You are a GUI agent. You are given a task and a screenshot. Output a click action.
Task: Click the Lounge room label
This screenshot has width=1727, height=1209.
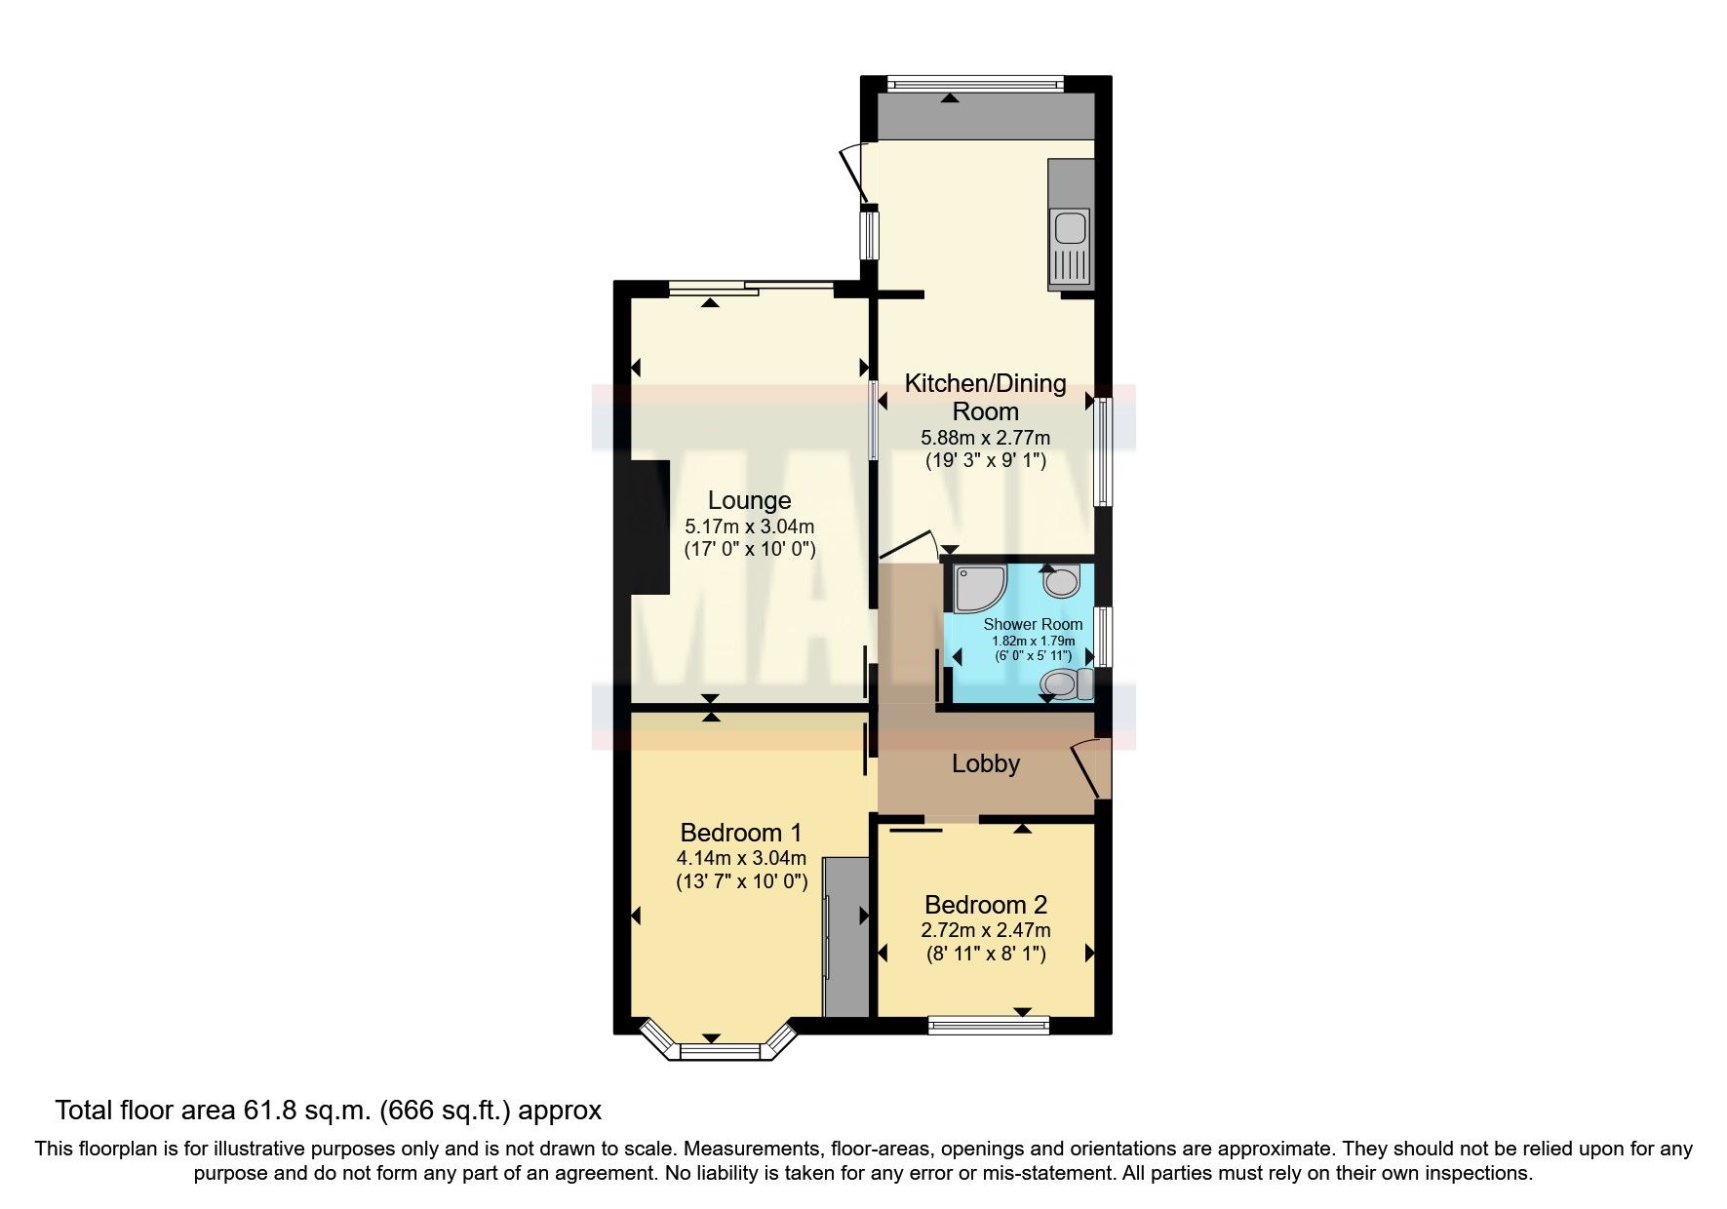coord(749,500)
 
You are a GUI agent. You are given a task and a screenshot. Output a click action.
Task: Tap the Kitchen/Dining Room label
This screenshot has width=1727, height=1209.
coord(985,397)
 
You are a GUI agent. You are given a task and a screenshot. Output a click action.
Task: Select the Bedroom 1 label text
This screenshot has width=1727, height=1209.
coord(740,833)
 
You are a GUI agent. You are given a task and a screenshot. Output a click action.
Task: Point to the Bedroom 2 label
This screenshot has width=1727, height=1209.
coord(985,905)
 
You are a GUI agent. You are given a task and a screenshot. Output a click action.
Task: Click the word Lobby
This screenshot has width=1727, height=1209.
coord(985,763)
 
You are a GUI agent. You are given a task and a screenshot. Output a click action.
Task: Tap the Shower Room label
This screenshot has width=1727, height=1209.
coord(1033,624)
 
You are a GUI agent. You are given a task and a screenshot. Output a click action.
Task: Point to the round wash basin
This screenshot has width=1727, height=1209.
coord(1061,583)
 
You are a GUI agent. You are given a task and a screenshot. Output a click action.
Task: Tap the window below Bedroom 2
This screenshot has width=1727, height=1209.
coord(988,1024)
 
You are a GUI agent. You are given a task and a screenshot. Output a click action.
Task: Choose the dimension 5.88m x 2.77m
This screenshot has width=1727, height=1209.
coord(985,439)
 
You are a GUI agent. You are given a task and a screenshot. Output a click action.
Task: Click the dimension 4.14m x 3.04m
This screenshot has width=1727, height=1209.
coord(741,859)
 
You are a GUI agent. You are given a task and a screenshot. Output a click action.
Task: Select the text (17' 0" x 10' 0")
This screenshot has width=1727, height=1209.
coord(749,549)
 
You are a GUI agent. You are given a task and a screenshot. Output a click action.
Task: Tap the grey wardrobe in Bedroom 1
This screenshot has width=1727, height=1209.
coord(845,937)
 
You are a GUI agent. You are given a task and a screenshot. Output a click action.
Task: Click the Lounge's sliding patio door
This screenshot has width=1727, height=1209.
coord(751,286)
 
